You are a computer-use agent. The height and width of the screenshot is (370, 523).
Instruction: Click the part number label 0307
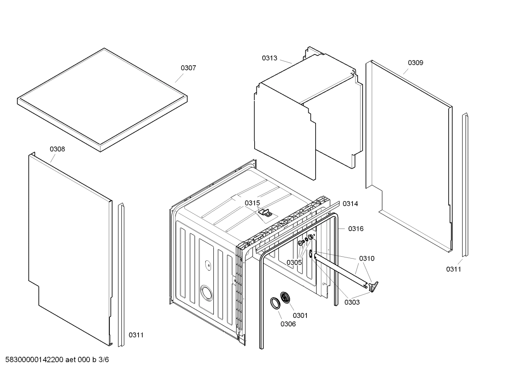(x=188, y=68)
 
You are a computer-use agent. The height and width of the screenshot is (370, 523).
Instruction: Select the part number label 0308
(x=57, y=149)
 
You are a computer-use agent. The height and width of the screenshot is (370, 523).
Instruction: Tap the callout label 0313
(x=269, y=58)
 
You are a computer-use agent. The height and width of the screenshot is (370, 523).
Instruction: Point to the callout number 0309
(x=415, y=63)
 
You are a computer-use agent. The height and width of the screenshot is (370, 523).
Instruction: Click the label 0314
(x=350, y=204)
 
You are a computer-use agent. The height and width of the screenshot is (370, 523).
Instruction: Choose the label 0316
(x=355, y=229)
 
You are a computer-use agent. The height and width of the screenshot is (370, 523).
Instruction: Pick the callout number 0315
(x=252, y=203)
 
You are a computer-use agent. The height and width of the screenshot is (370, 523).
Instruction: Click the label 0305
(x=294, y=263)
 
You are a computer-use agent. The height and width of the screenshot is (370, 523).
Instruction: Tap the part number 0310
(x=367, y=259)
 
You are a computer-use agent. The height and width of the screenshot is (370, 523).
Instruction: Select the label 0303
(x=352, y=302)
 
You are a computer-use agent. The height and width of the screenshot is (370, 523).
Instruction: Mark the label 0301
(x=300, y=316)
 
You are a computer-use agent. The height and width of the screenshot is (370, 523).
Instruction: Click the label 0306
(x=288, y=324)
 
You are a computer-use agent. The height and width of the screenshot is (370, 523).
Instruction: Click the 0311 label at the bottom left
(x=136, y=335)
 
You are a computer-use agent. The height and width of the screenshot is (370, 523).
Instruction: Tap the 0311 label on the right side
(x=453, y=269)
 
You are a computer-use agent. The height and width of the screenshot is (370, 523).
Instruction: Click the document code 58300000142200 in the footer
(x=33, y=360)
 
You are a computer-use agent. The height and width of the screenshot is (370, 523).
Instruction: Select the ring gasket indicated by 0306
(x=275, y=303)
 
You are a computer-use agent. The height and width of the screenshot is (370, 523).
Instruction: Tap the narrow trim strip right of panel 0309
(x=465, y=185)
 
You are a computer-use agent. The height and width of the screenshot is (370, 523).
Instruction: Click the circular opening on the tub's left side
(x=206, y=292)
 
